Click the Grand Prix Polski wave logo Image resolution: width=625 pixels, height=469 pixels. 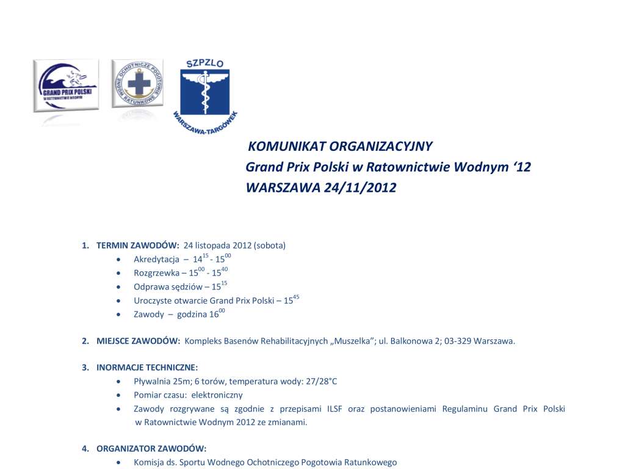(x=66, y=85)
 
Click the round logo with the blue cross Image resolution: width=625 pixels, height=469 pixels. (x=138, y=84)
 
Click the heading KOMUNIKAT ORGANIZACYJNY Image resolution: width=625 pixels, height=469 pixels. (x=340, y=147)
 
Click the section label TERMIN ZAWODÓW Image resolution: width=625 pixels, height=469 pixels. (x=137, y=245)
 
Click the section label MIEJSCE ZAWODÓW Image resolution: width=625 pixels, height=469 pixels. (x=138, y=341)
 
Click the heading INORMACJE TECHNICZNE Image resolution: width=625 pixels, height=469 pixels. (x=147, y=368)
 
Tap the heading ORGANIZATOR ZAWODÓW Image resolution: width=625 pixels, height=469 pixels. (x=151, y=449)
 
